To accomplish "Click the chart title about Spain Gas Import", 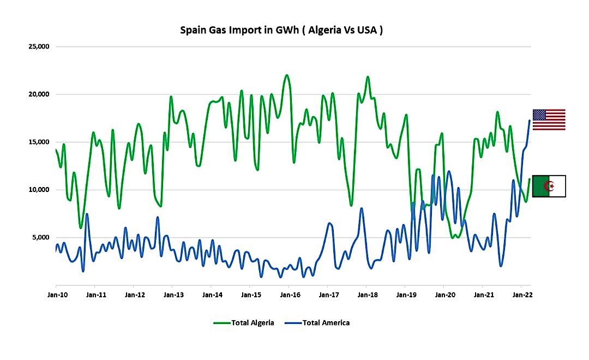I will (x=281, y=30).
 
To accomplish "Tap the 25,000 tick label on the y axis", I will (x=39, y=46).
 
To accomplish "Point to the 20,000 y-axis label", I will (x=39, y=94).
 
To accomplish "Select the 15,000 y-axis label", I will (x=39, y=142).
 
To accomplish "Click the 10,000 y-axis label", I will (x=39, y=190).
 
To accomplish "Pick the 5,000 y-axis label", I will (x=40, y=237).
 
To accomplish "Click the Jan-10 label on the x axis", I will (x=56, y=295).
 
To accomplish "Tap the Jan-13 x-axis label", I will (x=173, y=295).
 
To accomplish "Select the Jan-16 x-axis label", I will (x=289, y=295).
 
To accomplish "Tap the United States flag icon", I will (x=549, y=119).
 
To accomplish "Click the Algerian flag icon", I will (x=549, y=186).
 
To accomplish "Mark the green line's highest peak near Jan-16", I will (x=287, y=75).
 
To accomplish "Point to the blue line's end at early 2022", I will (x=530, y=121).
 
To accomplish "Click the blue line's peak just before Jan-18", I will (x=361, y=208).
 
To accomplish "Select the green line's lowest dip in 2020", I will (x=453, y=237).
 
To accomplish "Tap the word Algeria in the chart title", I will (x=326, y=30).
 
